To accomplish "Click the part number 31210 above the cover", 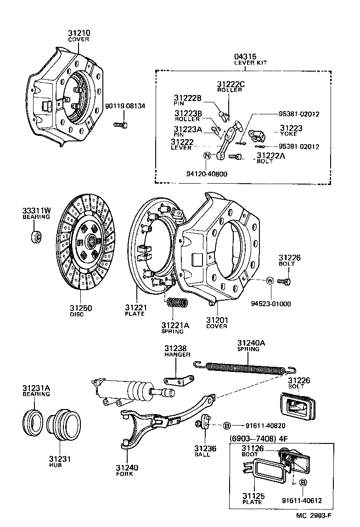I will [79, 33].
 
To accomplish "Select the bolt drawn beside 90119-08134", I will [120, 124].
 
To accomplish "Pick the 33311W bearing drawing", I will [36, 237].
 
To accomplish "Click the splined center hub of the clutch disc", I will [90, 240].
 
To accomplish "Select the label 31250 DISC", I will [81, 311].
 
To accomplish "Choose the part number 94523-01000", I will [270, 304].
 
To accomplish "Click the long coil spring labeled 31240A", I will [243, 367].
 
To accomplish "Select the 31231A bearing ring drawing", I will [33, 420].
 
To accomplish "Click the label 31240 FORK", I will [127, 471].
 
